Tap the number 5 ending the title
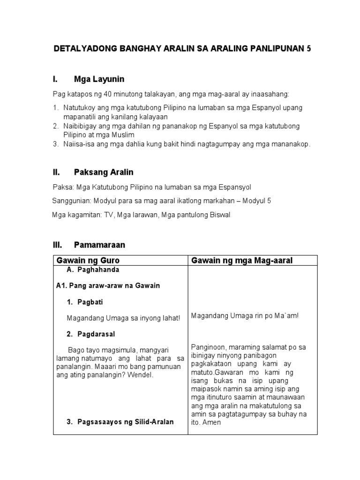(308, 49)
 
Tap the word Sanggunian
(70, 201)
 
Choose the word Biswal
(218, 215)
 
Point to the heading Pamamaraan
(99, 245)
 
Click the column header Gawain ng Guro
(88, 260)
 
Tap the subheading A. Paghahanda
(93, 270)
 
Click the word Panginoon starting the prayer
(209, 347)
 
